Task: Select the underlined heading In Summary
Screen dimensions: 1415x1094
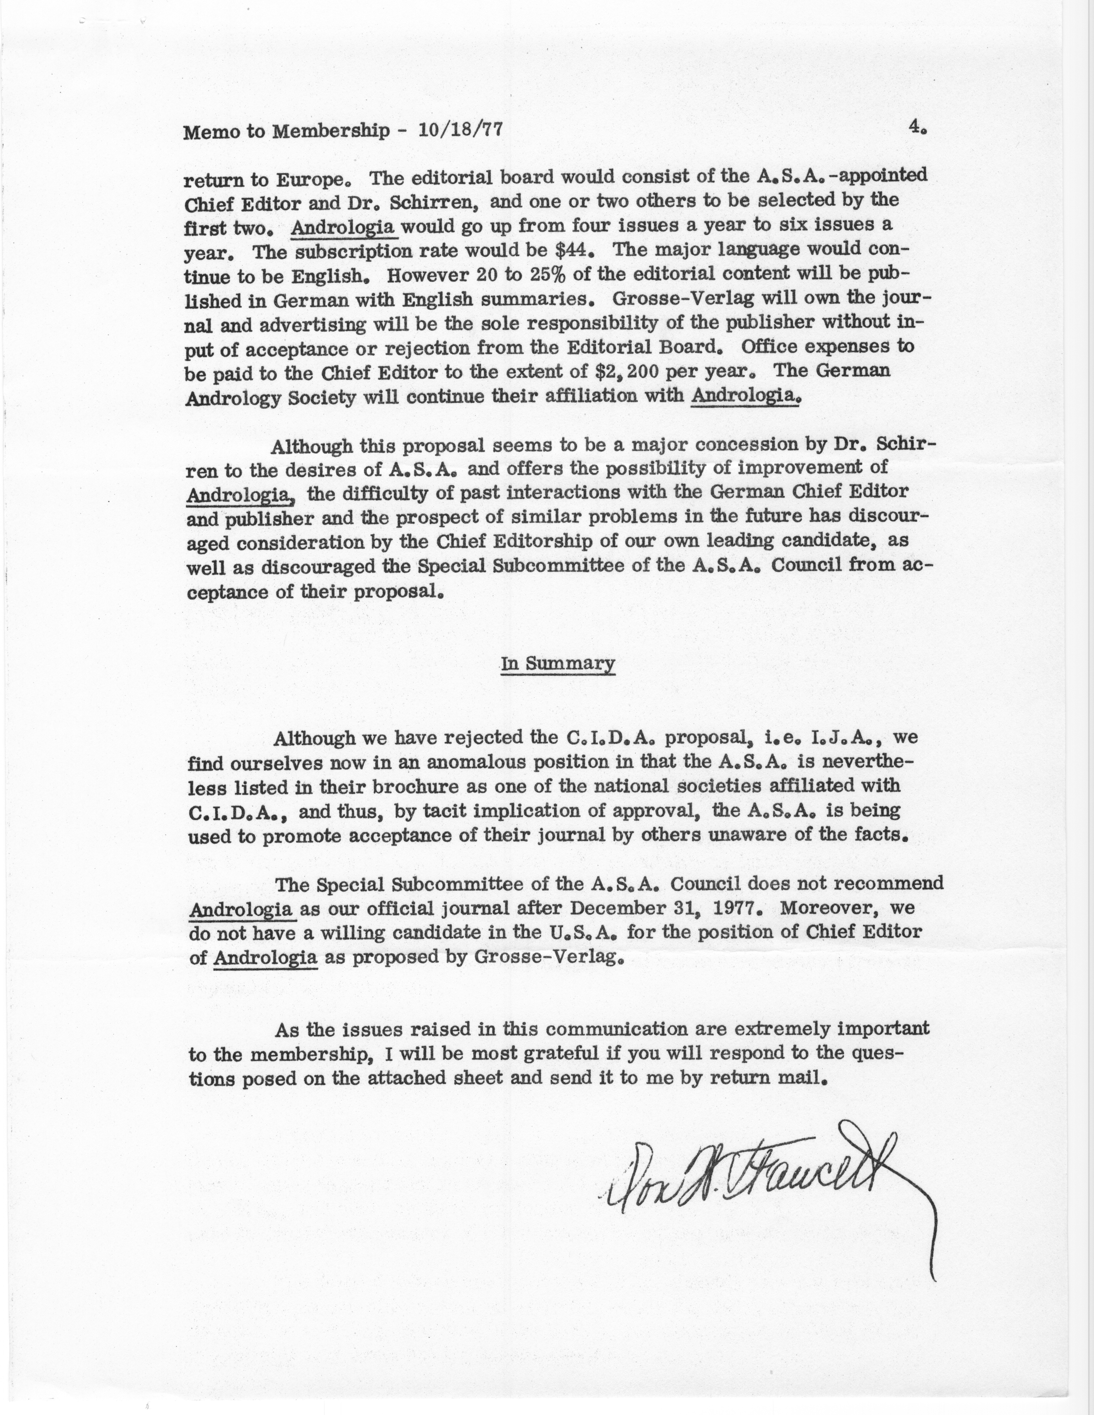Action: click(x=557, y=664)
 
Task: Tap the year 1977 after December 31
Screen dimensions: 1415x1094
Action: click(x=740, y=908)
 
